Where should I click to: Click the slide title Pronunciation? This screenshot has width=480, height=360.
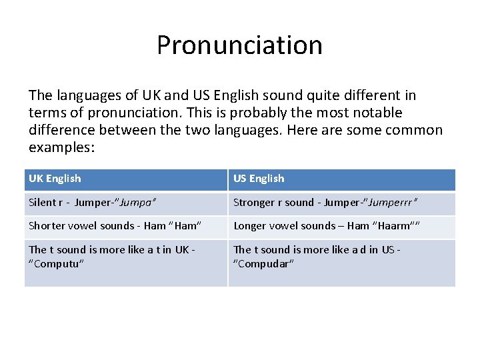point(239,45)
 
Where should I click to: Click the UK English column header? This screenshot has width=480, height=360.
point(55,179)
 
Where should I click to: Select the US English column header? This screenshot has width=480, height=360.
point(259,179)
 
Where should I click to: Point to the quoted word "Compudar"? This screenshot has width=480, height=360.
point(264,263)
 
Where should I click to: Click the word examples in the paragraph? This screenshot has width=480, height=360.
point(61,147)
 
